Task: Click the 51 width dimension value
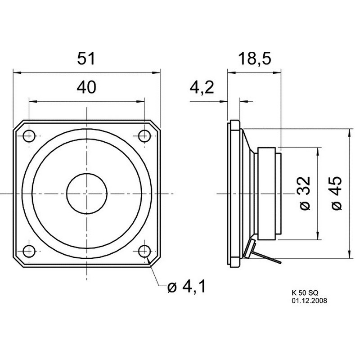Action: pos(86,58)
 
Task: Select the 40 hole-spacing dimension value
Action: pos(86,87)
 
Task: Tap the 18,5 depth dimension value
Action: pos(255,59)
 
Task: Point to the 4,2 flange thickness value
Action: pos(202,87)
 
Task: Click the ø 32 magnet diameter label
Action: pos(306,193)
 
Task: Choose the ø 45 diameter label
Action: pos(337,193)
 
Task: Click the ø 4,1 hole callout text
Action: pos(187,286)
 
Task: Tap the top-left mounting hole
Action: pos(29,136)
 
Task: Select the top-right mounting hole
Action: pos(144,136)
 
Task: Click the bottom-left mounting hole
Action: pos(29,251)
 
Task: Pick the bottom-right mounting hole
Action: pos(144,251)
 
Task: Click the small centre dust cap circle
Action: pos(87,193)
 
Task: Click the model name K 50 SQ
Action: pos(305,293)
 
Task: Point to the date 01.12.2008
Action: pos(309,301)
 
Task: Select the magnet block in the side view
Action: pos(266,193)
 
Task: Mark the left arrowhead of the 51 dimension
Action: pos(17,72)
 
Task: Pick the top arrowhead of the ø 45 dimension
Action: pos(350,133)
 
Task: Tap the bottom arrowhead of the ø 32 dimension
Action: pos(318,235)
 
